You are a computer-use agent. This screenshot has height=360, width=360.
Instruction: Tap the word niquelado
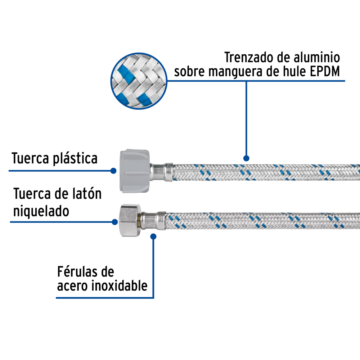tap(41, 211)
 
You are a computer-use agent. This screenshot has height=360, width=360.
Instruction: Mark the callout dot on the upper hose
tap(246, 158)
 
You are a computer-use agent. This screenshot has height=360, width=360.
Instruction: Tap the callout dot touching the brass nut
tap(115, 222)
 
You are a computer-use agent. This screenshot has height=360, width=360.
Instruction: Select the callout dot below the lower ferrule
tap(153, 237)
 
